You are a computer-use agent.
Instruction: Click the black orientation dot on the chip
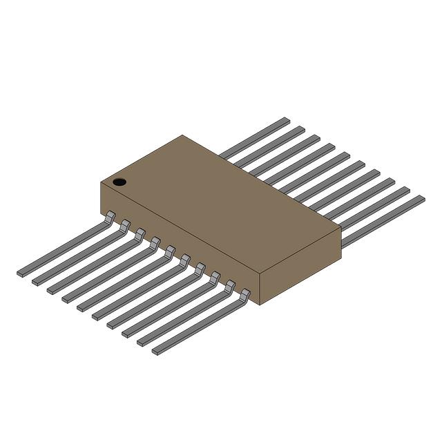(119, 182)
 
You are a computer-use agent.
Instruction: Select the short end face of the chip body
(301, 269)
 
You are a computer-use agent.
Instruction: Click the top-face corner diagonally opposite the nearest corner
(182, 135)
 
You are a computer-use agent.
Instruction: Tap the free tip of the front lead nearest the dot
(21, 273)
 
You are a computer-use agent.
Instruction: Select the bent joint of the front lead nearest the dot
(109, 218)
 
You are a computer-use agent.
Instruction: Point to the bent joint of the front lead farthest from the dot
(244, 296)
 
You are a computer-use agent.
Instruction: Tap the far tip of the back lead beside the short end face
(421, 198)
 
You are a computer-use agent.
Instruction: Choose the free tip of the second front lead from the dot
(36, 282)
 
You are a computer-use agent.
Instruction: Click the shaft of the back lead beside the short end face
(383, 220)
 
